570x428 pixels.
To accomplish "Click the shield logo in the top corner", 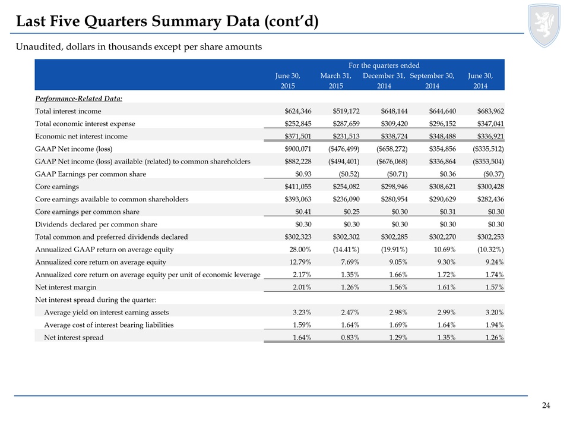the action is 544,25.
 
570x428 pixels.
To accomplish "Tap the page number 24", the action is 546,405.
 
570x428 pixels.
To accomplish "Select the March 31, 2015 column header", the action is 336,81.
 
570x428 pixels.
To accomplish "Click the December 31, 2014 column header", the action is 384,81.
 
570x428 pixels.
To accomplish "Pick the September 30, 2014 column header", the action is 432,81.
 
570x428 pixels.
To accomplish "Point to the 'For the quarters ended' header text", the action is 384,65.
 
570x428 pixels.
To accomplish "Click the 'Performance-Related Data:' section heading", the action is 78,99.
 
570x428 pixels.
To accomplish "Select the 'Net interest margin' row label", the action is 66,288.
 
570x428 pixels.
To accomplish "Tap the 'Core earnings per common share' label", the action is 87,212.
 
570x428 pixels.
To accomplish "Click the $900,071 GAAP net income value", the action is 298,149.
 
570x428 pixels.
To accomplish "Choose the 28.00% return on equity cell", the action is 300,250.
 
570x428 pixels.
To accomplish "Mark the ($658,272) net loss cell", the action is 392,149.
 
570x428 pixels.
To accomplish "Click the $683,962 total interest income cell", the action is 490,111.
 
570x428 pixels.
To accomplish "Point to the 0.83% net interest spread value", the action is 350,338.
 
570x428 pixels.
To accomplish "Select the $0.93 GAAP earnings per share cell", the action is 303,174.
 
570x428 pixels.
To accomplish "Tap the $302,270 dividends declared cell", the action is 442,237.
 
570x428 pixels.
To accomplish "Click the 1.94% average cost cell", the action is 495,325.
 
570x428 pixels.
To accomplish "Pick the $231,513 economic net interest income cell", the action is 346,136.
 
